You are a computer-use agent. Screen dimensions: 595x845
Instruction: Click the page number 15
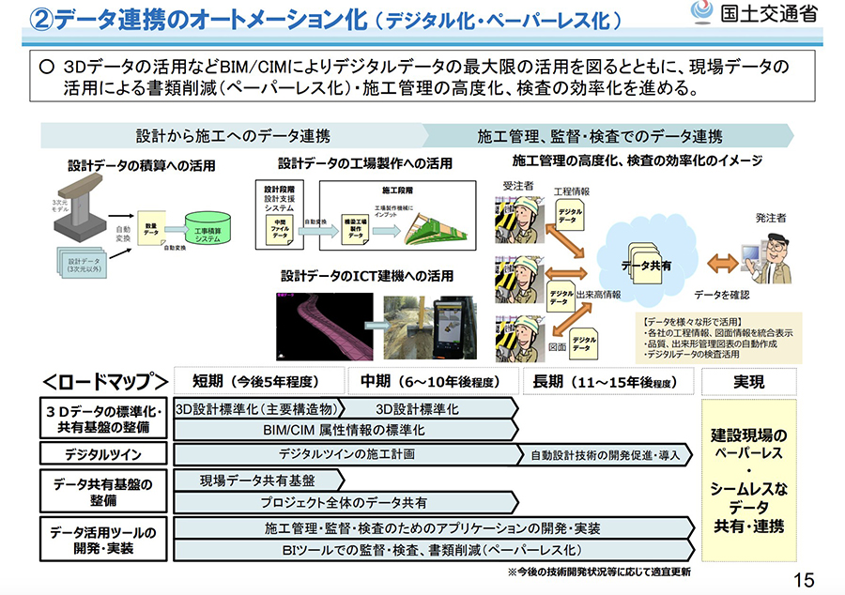pos(804,579)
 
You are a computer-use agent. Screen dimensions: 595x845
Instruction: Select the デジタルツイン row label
pos(102,454)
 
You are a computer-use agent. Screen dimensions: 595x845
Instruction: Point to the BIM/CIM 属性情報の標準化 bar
pos(346,430)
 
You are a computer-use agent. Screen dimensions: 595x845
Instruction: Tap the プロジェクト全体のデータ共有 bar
pos(346,502)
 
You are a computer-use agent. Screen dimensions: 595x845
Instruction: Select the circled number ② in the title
pos(16,20)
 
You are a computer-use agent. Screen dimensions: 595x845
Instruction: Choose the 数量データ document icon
pos(151,227)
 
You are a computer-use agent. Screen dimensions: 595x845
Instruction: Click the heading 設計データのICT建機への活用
pos(367,277)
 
